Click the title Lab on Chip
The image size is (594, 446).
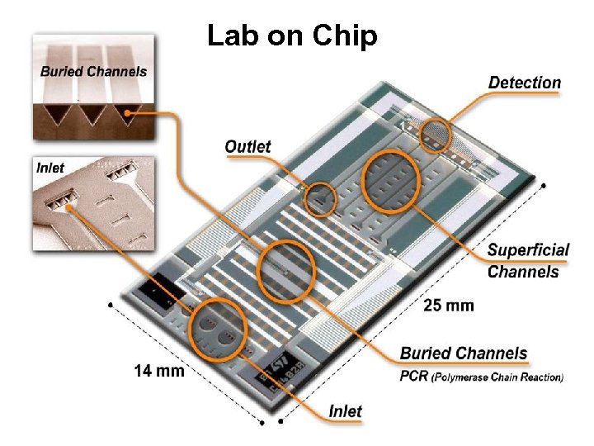[x=292, y=36]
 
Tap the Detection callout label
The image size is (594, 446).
[x=524, y=83]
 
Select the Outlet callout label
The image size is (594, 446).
[x=247, y=147]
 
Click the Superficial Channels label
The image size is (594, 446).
[x=528, y=260]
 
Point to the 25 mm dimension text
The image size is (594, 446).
[x=449, y=306]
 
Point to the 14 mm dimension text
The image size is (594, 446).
[x=159, y=371]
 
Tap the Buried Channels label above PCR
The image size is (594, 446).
[x=463, y=353]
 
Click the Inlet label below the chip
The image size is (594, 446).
[x=345, y=410]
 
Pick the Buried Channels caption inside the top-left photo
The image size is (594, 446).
[x=93, y=71]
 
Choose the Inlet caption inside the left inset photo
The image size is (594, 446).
[x=50, y=168]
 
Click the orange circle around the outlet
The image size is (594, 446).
[x=320, y=197]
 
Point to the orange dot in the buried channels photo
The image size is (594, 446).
[x=126, y=114]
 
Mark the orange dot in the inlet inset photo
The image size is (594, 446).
[x=68, y=207]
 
